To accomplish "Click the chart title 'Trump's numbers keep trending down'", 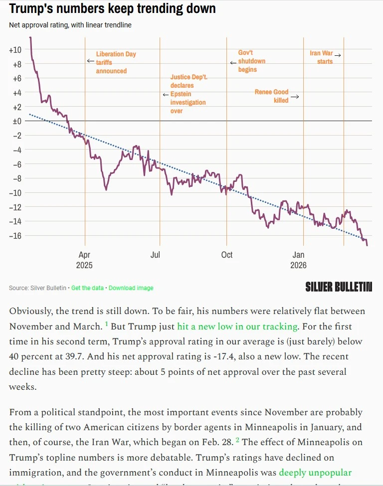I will click(113, 8).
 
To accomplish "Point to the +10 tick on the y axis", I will click(15, 50).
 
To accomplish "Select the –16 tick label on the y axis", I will click(15, 235).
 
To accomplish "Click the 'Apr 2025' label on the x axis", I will click(84, 260).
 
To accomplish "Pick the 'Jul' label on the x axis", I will click(155, 255).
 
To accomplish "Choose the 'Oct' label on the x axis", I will click(226, 255).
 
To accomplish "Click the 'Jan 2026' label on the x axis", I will click(298, 260).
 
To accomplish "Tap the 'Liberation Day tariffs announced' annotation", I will click(116, 62).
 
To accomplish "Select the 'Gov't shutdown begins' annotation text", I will click(251, 61).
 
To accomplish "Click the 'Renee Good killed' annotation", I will click(272, 96).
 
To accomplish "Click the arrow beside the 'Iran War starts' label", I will click(338, 55).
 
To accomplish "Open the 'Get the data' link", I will click(87, 288).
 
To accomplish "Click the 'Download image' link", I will click(131, 288).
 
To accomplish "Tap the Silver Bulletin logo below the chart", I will click(339, 287).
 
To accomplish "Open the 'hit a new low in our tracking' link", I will click(237, 326).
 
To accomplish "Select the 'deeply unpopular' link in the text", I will click(315, 472).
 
